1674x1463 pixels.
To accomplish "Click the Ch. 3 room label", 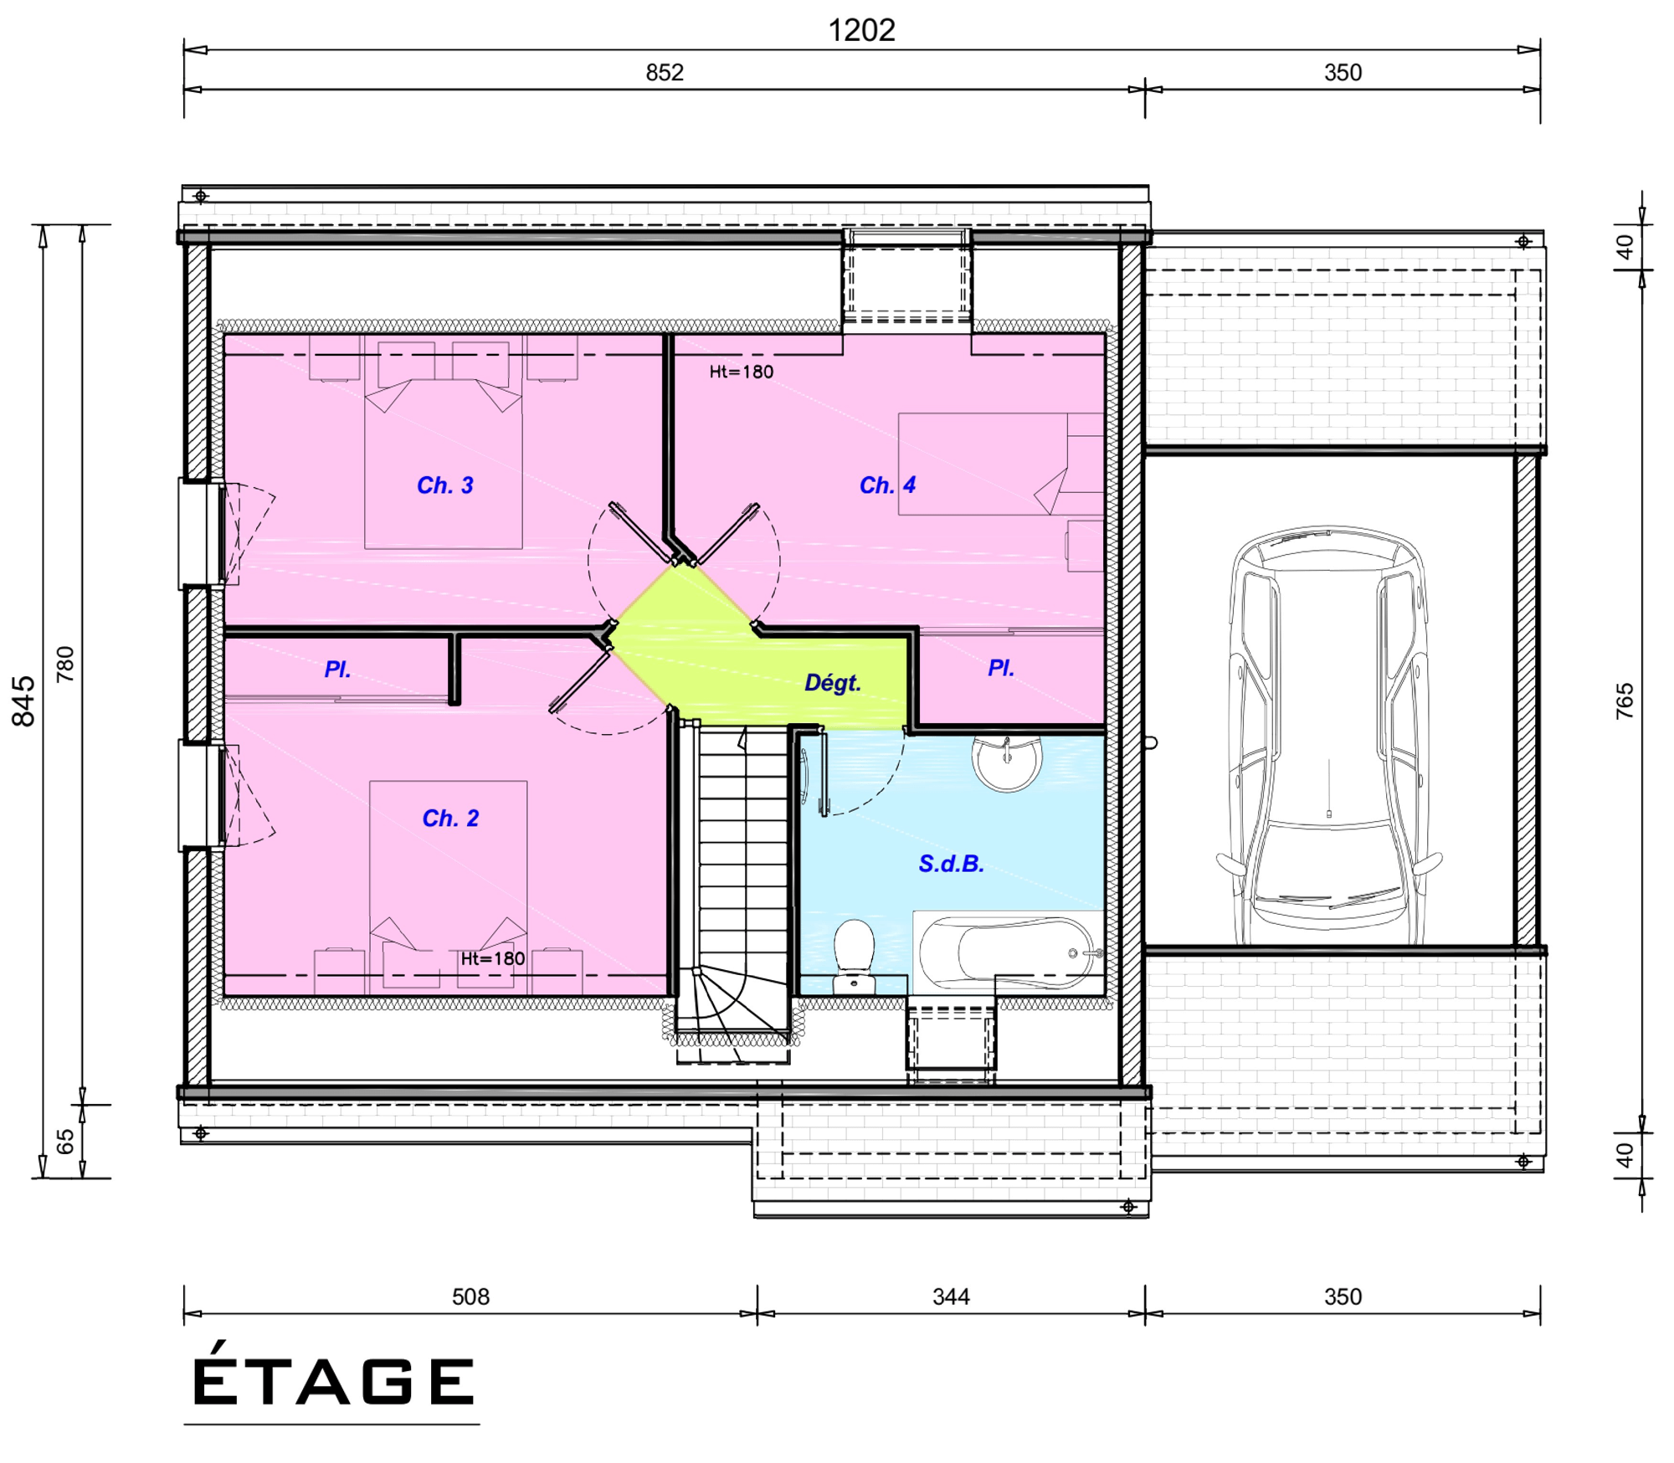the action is [445, 485].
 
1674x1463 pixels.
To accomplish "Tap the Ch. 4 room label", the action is [888, 485].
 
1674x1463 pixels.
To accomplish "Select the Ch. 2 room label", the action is [450, 819].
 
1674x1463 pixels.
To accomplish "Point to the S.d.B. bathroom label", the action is [951, 864].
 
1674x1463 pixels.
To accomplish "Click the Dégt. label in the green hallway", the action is [833, 683].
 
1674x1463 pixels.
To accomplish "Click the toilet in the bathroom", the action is [855, 957].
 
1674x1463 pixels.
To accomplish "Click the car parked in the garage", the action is [1329, 735].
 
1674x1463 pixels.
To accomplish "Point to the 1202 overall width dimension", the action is [861, 31].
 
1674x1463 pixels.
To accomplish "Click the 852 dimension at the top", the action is [665, 73].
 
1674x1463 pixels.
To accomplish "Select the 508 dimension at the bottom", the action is [470, 1297].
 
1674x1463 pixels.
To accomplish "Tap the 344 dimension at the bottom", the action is [951, 1297].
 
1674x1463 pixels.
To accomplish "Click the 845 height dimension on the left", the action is [23, 701].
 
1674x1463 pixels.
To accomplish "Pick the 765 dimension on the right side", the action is [1625, 701].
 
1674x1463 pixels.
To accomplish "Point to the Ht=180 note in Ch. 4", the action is [742, 372].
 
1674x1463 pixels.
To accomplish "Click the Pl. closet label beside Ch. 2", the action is [337, 670].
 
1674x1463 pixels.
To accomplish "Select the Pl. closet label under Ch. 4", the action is [1001, 668].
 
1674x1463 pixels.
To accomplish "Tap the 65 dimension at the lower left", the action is [65, 1142].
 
